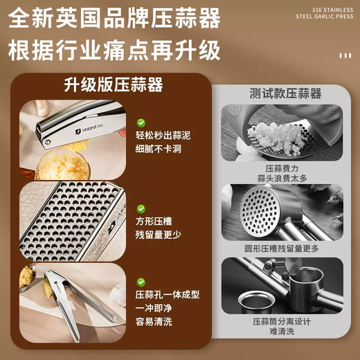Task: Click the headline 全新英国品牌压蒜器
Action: coord(115,18)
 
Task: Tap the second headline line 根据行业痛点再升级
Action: coord(115,51)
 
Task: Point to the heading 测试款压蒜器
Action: coord(285,93)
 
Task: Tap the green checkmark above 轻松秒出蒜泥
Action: coord(141,123)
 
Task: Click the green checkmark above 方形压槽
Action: coord(141,208)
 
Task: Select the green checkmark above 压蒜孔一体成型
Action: coord(141,282)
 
